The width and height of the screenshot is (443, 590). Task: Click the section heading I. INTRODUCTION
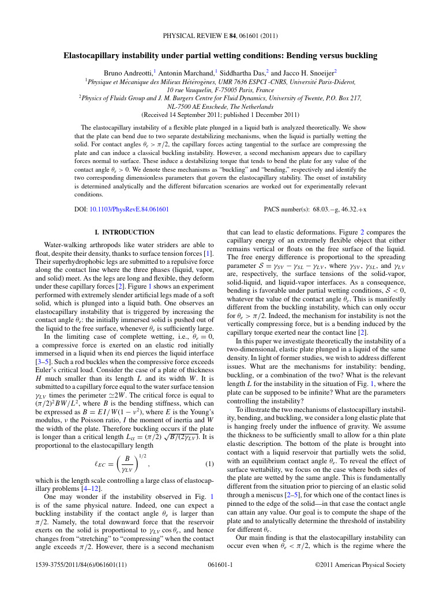point(124,232)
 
